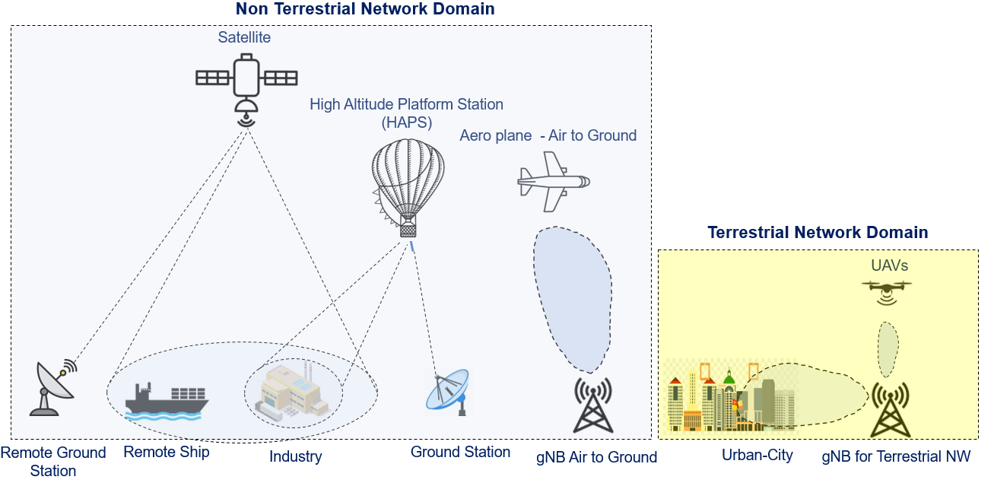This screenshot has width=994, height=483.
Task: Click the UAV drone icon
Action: (x=887, y=290)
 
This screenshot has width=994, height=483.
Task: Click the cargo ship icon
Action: (x=166, y=401)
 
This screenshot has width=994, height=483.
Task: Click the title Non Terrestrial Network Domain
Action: (x=365, y=9)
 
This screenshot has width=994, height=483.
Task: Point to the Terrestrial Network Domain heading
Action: (x=818, y=233)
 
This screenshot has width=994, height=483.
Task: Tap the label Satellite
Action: (x=244, y=37)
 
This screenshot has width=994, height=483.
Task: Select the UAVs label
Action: (x=890, y=266)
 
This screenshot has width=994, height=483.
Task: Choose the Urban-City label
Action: (x=757, y=456)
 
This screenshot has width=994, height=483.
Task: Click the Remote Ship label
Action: (x=166, y=452)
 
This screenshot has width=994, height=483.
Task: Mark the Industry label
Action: (x=296, y=457)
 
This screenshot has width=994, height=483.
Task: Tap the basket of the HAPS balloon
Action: (x=408, y=227)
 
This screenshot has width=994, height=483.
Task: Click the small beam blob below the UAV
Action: (x=887, y=348)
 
